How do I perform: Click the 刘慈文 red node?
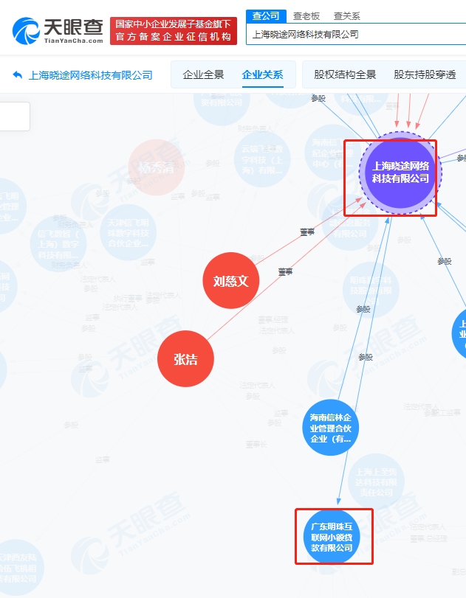231,281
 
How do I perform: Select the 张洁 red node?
185,360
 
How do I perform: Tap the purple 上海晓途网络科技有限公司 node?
400,173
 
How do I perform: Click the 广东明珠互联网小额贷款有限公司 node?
333,537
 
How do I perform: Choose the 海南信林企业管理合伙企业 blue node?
330,428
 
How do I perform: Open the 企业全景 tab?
203,74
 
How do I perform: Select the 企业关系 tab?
262,74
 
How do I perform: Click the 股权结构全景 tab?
345,74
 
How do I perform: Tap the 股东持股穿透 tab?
425,74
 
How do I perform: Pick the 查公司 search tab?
266,15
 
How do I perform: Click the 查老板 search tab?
306,15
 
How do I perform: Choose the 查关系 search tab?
347,15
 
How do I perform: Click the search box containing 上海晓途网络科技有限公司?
354,34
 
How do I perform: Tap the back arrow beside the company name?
17,74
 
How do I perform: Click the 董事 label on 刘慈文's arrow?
307,232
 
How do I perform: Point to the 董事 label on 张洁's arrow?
285,272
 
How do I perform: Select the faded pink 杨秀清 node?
156,167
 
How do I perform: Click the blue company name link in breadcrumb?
90,74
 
